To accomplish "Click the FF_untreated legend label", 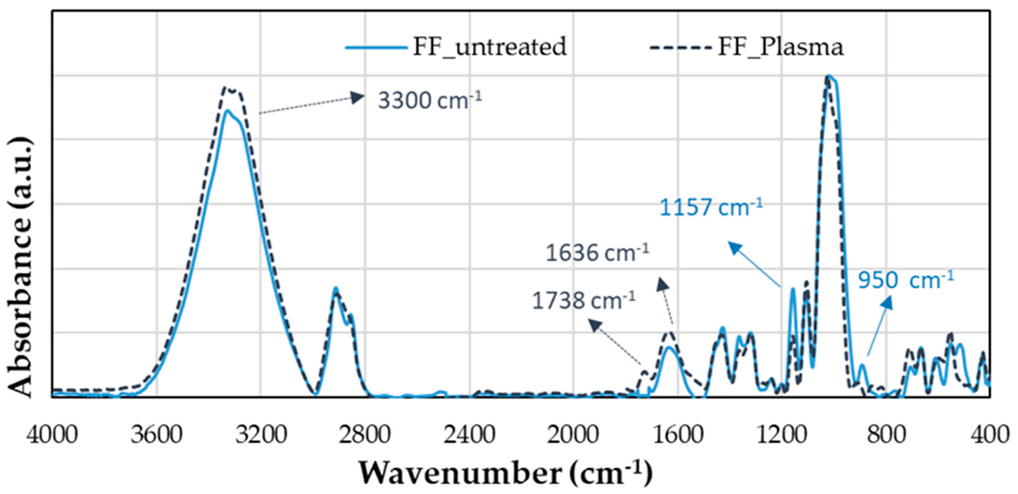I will (490, 47).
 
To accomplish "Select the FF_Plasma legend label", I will (780, 47).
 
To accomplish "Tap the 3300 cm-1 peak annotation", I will (430, 100).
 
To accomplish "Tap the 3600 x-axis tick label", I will (157, 434).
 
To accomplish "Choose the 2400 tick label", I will (469, 434).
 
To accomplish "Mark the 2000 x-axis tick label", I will (573, 434).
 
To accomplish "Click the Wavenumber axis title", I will (506, 473).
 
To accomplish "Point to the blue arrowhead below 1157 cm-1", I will (734, 247).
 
